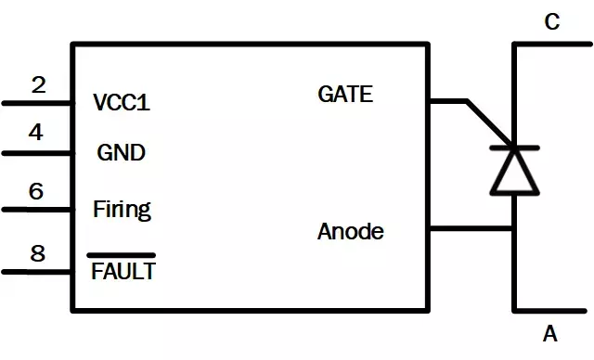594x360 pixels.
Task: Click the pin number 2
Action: click(38, 85)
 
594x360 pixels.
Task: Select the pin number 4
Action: click(36, 133)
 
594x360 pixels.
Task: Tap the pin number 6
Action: click(36, 191)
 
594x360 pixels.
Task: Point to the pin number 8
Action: click(38, 253)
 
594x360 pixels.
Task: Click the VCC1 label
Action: click(122, 103)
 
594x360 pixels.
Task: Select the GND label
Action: click(122, 152)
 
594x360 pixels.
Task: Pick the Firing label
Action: click(122, 210)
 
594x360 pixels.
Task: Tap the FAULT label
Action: click(123, 272)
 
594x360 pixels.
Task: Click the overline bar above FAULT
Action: click(122, 254)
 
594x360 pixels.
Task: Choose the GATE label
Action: click(345, 94)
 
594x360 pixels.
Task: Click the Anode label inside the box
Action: click(350, 231)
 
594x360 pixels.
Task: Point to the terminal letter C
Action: click(551, 22)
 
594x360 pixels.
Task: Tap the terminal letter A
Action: click(550, 334)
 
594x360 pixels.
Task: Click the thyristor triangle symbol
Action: click(513, 171)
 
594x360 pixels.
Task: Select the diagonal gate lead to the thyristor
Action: click(489, 122)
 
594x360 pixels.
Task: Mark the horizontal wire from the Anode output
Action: click(471, 228)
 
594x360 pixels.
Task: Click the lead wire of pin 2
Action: click(37, 103)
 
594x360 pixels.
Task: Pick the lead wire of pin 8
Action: click(37, 272)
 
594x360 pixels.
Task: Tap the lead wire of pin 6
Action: click(37, 210)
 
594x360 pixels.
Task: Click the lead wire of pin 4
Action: click(37, 152)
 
